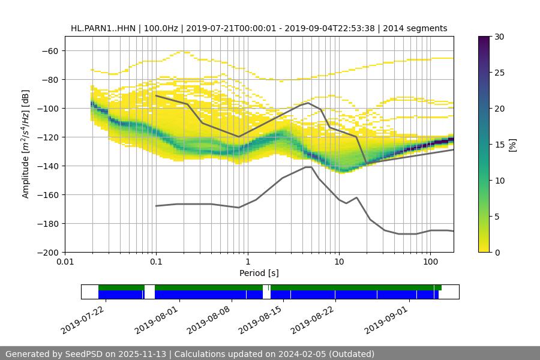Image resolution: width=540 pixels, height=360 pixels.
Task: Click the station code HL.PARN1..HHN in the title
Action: click(x=103, y=28)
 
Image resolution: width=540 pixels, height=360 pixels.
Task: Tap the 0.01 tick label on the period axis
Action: click(x=65, y=262)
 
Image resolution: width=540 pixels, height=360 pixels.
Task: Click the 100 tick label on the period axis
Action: click(x=430, y=262)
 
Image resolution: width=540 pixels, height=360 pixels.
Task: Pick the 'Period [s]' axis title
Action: click(x=259, y=273)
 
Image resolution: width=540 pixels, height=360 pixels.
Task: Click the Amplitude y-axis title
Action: click(x=26, y=144)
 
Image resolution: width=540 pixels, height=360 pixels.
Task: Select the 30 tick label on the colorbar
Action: click(x=499, y=37)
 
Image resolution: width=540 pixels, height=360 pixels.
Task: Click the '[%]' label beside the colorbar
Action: click(x=512, y=144)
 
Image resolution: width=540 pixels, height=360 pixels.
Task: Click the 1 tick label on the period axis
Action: click(x=247, y=262)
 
